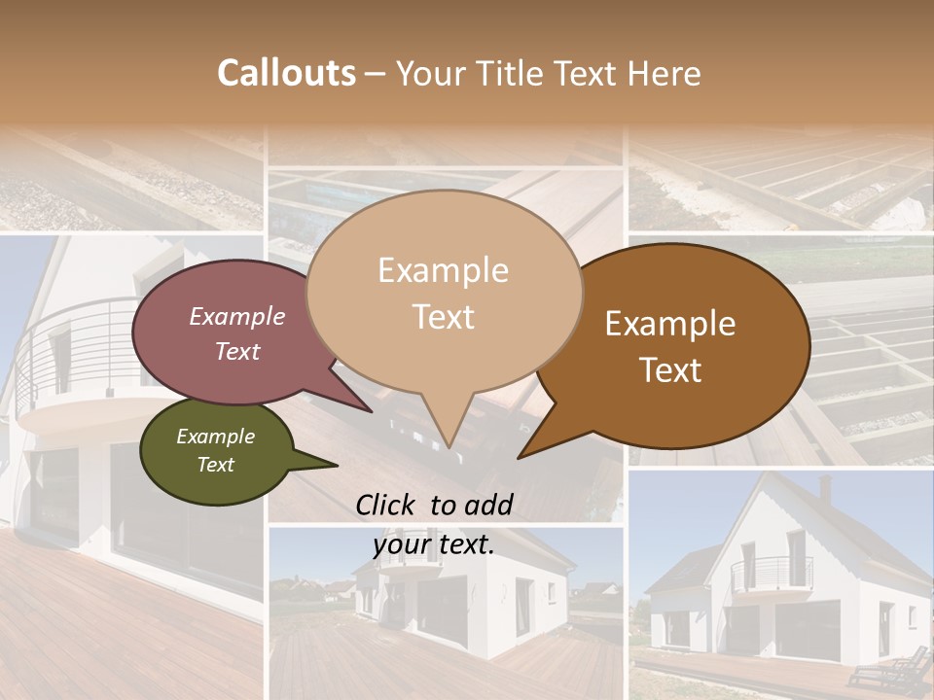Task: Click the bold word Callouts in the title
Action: pos(286,74)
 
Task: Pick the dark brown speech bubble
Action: pos(681,346)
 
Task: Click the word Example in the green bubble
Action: pos(215,437)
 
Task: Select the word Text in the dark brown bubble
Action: pos(670,370)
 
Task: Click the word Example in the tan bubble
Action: pos(443,270)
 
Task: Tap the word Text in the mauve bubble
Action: pos(237,352)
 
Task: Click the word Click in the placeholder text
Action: pos(387,505)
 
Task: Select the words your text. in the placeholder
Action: pos(434,545)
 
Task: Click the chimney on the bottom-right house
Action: pos(826,489)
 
